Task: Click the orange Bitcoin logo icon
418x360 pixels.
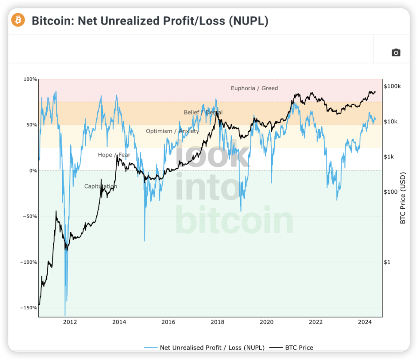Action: (18, 20)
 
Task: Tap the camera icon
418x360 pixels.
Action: (396, 52)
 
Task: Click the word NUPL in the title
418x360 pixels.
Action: (249, 21)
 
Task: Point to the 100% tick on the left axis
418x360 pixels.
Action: (31, 79)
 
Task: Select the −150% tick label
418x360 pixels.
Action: (28, 308)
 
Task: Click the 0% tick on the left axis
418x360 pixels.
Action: (33, 171)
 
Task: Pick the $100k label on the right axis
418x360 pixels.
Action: (392, 86)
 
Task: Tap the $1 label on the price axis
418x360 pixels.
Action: (387, 262)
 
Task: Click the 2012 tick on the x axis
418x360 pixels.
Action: (70, 322)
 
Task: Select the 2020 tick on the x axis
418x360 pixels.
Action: (267, 322)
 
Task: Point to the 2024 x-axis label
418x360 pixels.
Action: (365, 322)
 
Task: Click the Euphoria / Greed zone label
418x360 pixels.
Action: (254, 88)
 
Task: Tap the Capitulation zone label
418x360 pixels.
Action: (101, 186)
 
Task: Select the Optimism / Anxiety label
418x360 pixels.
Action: (172, 131)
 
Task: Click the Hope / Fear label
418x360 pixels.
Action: (114, 155)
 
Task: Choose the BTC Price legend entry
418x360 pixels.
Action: (292, 348)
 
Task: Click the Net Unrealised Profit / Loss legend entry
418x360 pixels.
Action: (204, 348)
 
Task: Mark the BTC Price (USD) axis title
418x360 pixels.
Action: (403, 198)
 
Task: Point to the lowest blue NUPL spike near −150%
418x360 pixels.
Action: (65, 315)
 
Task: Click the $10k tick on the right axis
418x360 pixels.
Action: (390, 122)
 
